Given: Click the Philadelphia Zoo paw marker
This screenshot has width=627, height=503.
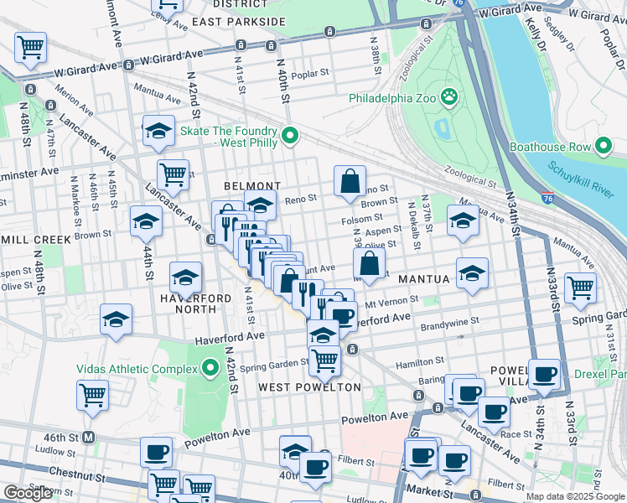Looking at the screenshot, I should point(450,97).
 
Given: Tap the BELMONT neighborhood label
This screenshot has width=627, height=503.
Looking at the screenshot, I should point(251,185).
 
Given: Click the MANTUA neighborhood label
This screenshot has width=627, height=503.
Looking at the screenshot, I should point(425,277).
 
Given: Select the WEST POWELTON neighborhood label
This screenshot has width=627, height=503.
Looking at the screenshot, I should point(309,387).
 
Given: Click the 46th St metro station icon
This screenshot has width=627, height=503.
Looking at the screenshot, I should point(89,438).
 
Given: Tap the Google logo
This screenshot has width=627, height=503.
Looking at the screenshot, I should point(28,493).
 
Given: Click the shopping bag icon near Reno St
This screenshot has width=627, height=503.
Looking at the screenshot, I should point(350,180).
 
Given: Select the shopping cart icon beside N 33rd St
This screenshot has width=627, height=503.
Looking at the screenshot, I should point(580,288).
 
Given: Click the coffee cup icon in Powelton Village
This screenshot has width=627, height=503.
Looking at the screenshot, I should point(545,374).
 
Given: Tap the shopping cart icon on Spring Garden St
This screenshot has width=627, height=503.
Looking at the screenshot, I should point(324,360).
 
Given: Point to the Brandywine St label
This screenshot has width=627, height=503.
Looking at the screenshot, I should point(449,320).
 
